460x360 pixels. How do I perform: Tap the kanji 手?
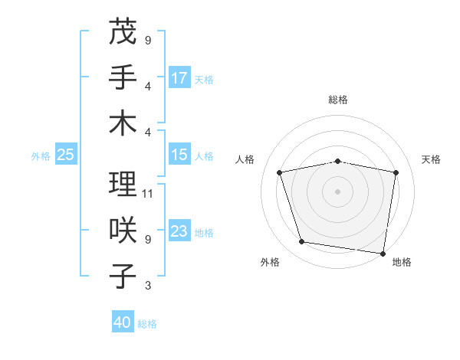tap(123, 77)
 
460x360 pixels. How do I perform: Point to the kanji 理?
tap(123, 184)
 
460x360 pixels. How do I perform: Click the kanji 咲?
tap(123, 231)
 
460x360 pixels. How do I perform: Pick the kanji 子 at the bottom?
tap(123, 277)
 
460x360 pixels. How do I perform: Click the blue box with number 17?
tap(179, 77)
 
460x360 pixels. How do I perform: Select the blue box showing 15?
tap(179, 155)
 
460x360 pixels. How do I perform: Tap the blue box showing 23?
tap(179, 231)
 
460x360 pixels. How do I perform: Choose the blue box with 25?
tap(66, 155)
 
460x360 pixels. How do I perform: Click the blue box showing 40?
tap(123, 322)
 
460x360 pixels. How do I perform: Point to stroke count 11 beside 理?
tap(149, 193)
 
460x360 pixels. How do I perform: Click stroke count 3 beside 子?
tap(147, 286)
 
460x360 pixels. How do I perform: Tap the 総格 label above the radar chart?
tap(338, 100)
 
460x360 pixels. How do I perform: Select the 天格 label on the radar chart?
tap(432, 159)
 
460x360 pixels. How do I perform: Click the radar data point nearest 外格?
tap(301, 242)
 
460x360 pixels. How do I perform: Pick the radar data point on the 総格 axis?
tap(338, 161)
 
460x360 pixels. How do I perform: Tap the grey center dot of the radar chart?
tap(338, 191)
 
